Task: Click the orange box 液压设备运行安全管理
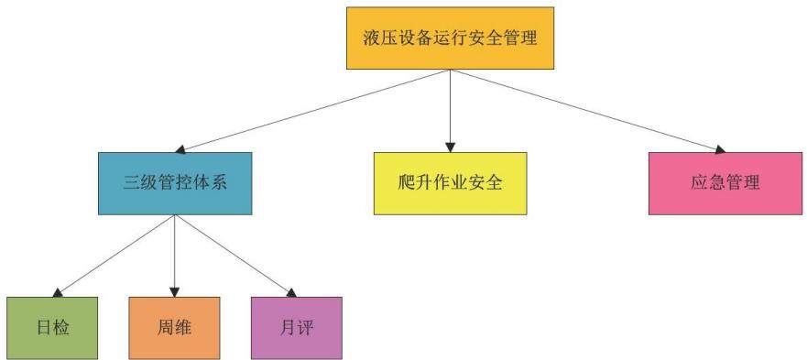tap(451, 38)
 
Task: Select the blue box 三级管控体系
tap(175, 183)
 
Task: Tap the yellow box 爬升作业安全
tap(451, 183)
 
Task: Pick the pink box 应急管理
tap(725, 183)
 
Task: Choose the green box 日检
tap(52, 328)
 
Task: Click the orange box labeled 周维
tap(174, 328)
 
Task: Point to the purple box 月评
tap(297, 328)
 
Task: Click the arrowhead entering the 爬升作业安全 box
tap(451, 147)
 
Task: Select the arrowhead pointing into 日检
tap(58, 292)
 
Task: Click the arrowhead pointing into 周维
tap(175, 291)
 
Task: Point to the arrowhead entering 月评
tap(291, 292)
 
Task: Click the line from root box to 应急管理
tap(588, 111)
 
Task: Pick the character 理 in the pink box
tap(750, 183)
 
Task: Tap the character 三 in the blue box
tap(132, 183)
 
